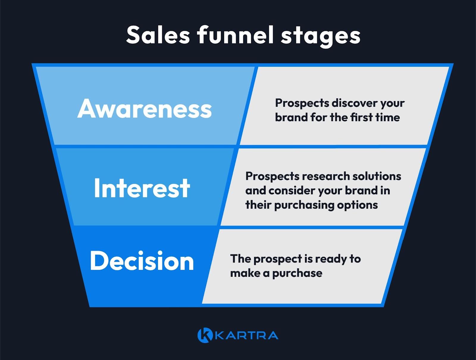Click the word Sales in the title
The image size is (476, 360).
point(158,35)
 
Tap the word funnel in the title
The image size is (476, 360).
point(235,35)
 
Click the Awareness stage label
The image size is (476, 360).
point(145,109)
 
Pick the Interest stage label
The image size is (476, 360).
point(142,188)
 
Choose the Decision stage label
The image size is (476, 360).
point(142,261)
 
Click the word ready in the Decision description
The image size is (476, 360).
point(331,259)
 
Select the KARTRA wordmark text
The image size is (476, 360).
point(246,335)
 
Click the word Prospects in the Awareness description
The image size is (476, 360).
point(302,103)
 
